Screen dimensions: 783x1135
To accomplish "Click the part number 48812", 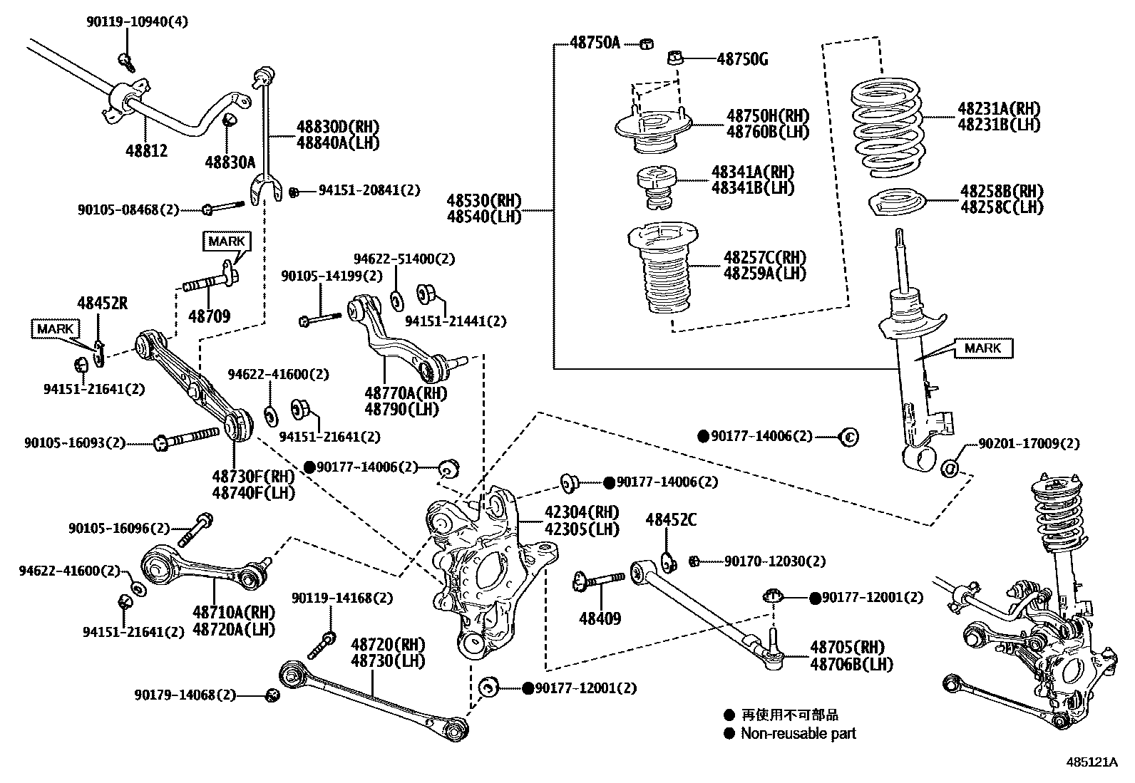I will (x=146, y=150).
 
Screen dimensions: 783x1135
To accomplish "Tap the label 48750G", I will (x=741, y=59).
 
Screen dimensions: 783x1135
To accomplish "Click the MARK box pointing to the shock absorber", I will (x=983, y=348).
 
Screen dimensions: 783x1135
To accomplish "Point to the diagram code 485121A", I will (x=1092, y=762).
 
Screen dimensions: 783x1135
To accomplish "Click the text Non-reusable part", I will (x=798, y=733).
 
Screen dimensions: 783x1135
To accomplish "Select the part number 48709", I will (x=209, y=316).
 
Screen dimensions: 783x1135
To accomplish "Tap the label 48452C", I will (x=671, y=520).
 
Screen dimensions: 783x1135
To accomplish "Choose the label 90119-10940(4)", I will (x=138, y=22).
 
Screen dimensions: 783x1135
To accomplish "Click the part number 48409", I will (x=600, y=618).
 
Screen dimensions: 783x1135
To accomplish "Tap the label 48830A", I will (x=230, y=162).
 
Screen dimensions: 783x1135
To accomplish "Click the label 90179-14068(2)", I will (x=185, y=695).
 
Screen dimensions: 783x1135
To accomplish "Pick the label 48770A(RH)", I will (x=406, y=393).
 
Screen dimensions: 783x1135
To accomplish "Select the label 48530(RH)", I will (x=484, y=200).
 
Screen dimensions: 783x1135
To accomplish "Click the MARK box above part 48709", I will (x=226, y=241).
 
